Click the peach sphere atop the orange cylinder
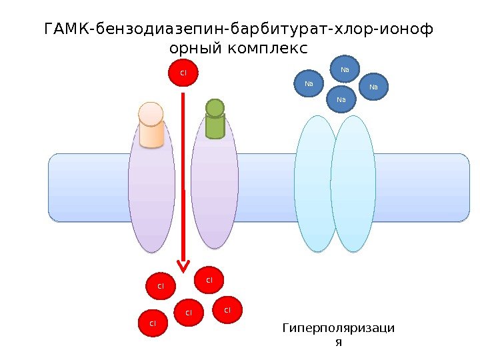[151, 113]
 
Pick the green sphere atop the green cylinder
[215, 108]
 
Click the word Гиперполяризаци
[338, 328]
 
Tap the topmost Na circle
[345, 69]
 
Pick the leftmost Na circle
[309, 84]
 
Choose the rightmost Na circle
[373, 87]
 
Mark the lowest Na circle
[342, 100]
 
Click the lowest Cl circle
[152, 323]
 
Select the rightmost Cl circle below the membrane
[227, 310]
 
